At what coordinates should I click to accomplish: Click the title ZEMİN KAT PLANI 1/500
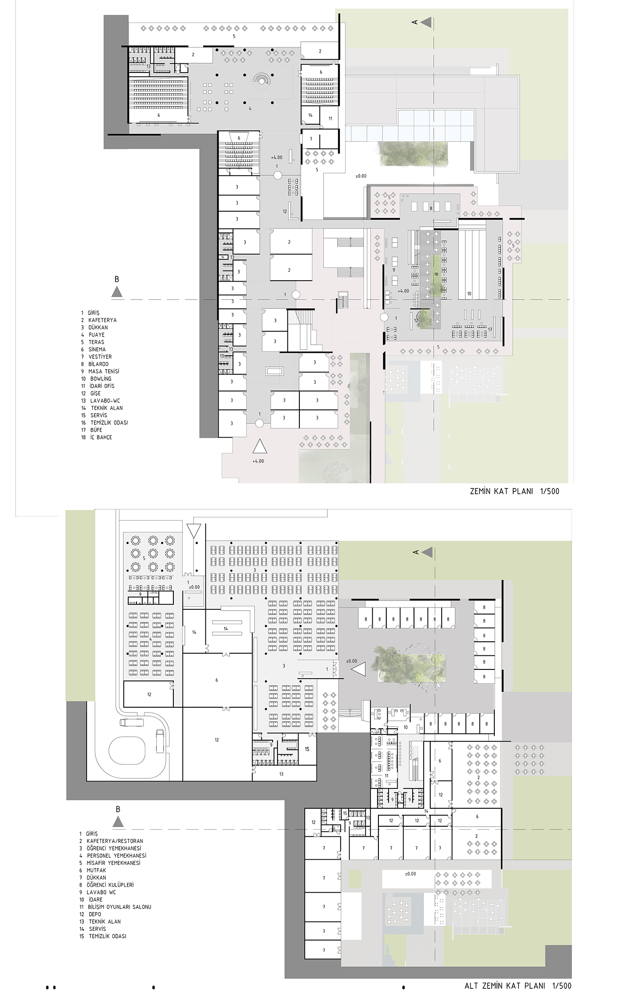(515, 491)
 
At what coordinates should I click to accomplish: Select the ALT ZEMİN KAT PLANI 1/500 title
(518, 986)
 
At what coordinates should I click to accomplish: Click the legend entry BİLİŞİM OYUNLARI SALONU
(115, 907)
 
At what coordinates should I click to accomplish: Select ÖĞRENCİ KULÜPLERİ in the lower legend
(106, 885)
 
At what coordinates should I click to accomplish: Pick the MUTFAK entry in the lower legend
(93, 870)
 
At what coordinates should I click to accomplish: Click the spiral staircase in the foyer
(263, 79)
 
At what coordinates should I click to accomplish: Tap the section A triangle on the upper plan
(426, 22)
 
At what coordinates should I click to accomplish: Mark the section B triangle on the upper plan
(117, 292)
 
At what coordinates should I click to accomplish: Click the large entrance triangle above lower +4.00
(259, 446)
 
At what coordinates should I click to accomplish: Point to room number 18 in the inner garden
(436, 274)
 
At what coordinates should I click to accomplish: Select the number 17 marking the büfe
(490, 329)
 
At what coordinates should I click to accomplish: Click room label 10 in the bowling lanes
(469, 294)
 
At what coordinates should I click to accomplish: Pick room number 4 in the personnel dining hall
(151, 639)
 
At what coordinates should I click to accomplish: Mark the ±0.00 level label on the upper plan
(361, 176)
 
